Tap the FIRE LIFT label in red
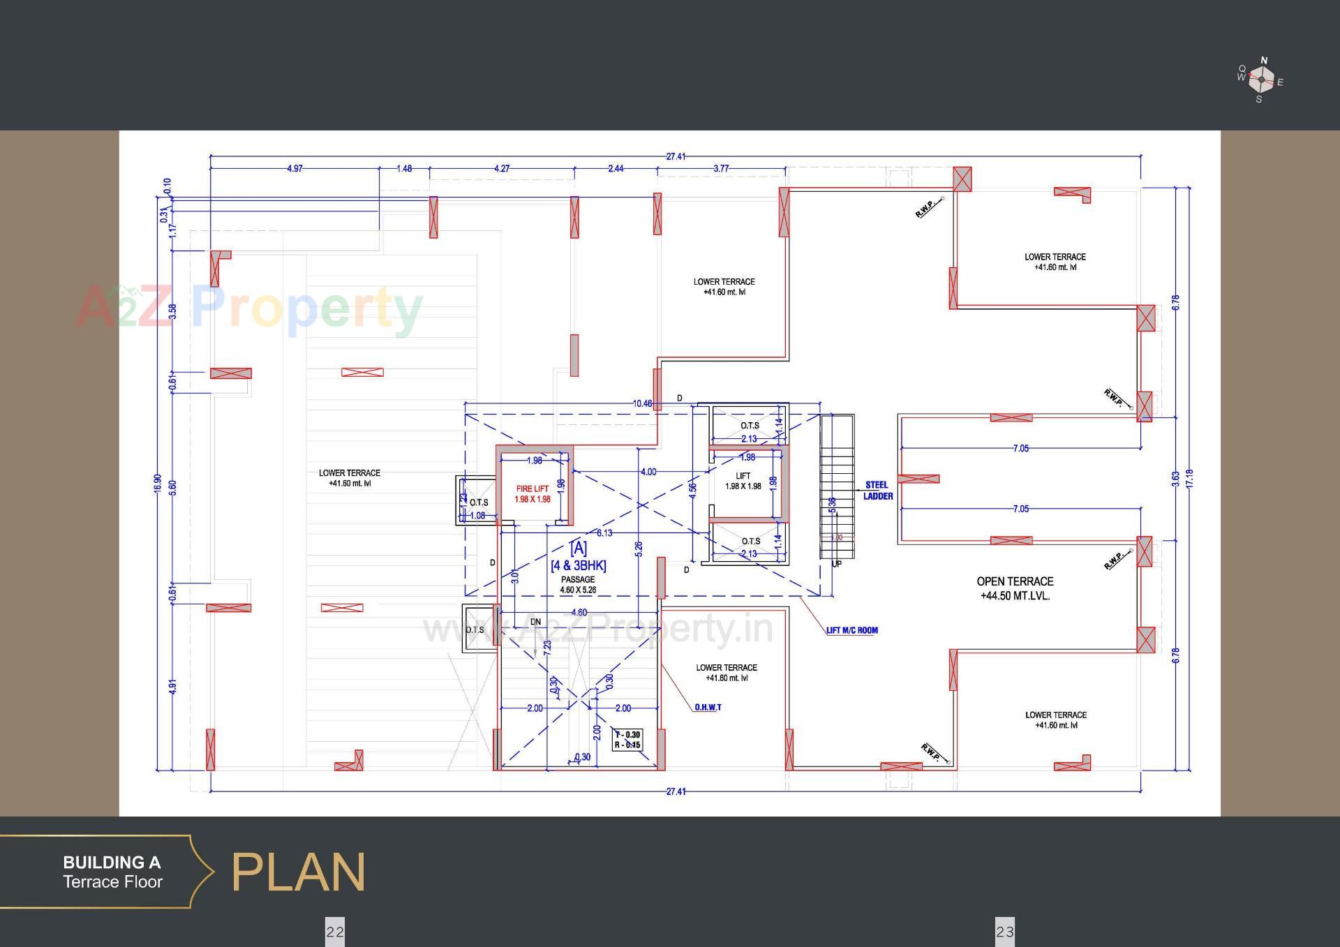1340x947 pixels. (533, 494)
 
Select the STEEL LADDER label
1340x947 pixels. (877, 491)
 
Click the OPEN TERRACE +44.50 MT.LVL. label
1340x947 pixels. (1015, 588)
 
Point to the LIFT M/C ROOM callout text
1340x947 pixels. (852, 630)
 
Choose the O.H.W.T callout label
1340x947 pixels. (708, 708)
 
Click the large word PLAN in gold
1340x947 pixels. (298, 872)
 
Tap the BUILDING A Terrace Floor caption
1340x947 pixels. (112, 872)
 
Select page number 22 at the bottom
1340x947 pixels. (335, 932)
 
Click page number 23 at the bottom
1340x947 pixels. (1005, 932)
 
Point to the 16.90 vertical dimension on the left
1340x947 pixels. (158, 484)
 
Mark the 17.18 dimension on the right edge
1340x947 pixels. (1189, 478)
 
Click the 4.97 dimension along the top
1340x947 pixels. (295, 169)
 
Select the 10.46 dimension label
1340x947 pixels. (642, 403)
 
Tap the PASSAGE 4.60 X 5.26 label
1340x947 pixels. (578, 585)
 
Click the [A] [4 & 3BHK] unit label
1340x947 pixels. (579, 557)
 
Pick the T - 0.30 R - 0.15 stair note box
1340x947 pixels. (627, 740)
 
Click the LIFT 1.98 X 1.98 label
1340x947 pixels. (743, 481)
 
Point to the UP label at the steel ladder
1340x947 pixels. (837, 564)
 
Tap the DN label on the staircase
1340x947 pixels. (535, 622)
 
